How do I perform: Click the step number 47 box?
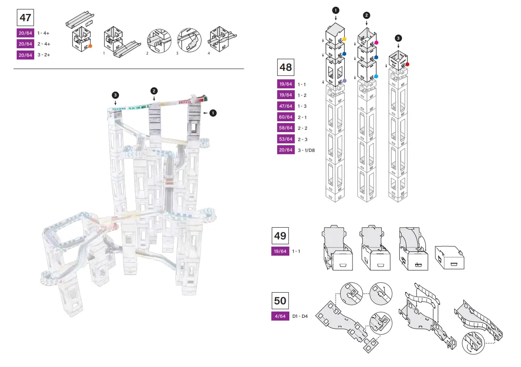(x=25, y=18)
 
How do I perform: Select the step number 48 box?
(x=286, y=67)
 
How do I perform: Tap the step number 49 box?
(x=280, y=235)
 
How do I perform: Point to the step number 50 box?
(x=280, y=301)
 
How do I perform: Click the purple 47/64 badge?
(x=286, y=106)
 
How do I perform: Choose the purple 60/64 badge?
(x=286, y=117)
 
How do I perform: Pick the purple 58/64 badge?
(x=286, y=128)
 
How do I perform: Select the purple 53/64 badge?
(x=286, y=139)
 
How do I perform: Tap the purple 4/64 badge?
(x=280, y=317)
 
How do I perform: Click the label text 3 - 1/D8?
(x=306, y=150)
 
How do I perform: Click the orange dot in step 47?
(x=91, y=46)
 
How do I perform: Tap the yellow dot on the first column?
(x=345, y=40)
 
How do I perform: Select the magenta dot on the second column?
(x=377, y=43)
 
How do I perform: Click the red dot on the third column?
(x=407, y=64)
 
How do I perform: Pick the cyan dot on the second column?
(x=376, y=77)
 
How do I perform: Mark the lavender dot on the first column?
(x=345, y=81)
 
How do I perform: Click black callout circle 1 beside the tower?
(x=213, y=113)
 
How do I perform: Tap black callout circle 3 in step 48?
(x=398, y=38)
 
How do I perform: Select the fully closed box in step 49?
(x=449, y=258)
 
